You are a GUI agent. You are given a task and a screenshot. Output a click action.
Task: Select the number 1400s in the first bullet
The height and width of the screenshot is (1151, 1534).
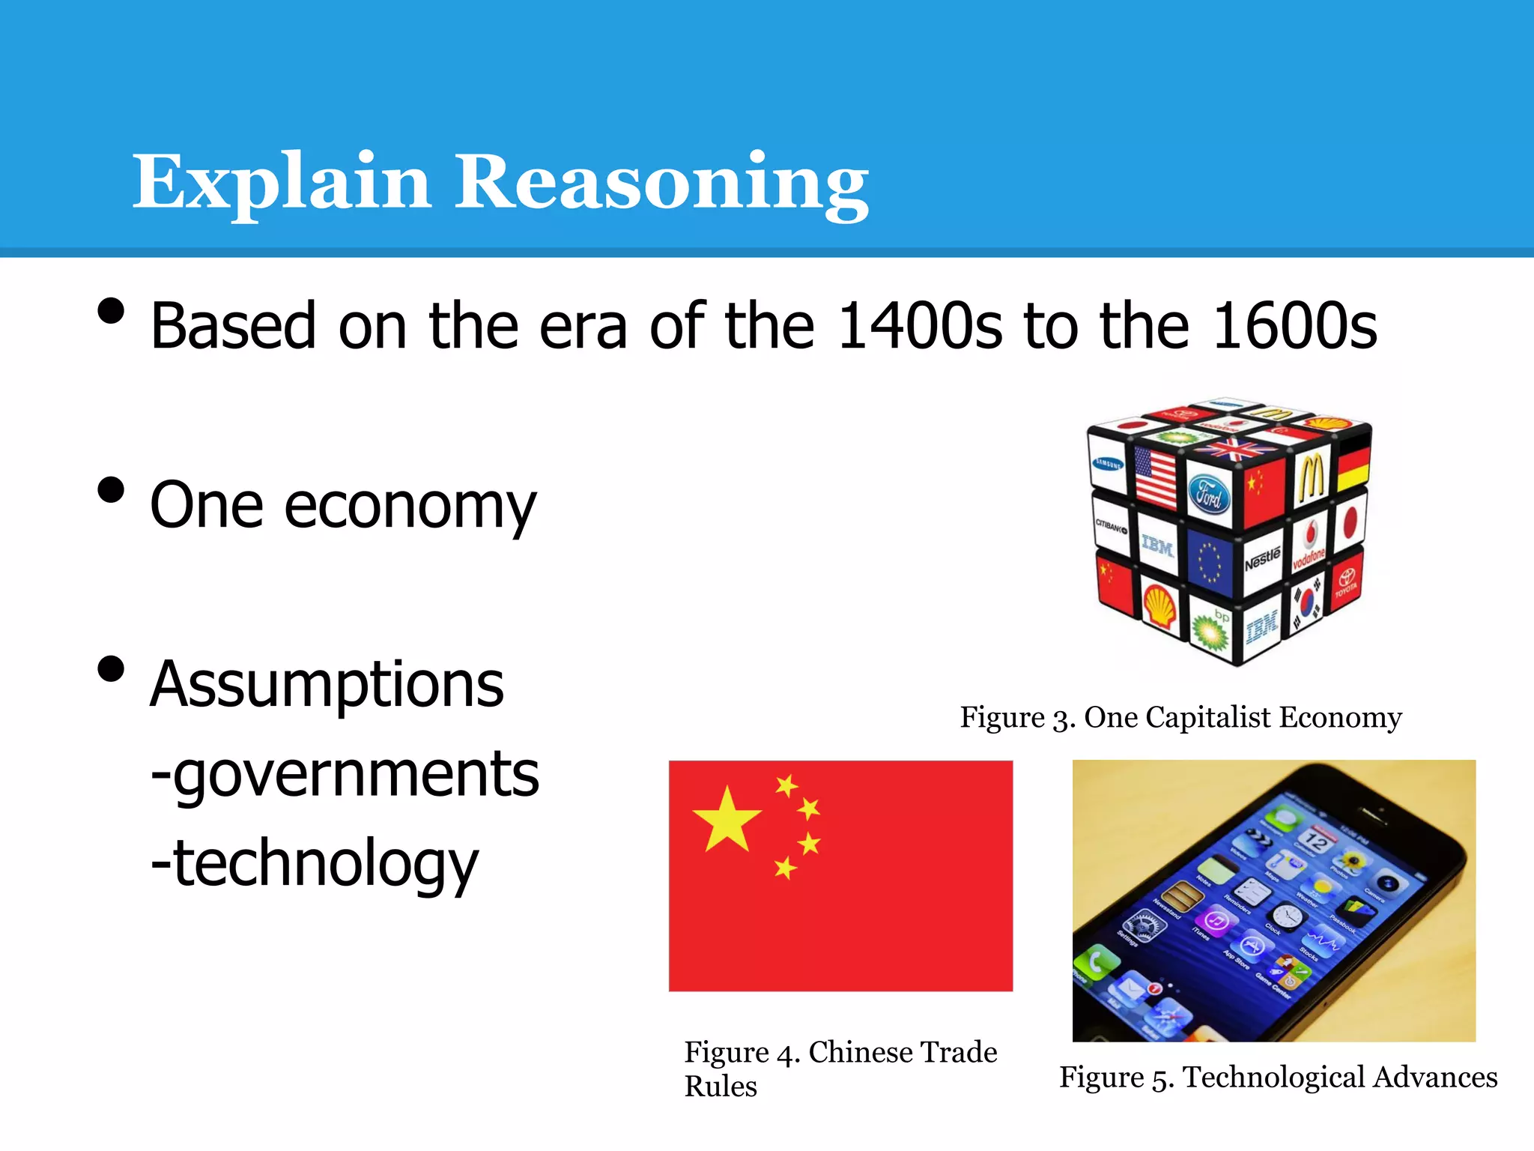tap(919, 326)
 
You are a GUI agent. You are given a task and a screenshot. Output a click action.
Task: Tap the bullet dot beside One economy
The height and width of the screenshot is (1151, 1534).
tap(111, 490)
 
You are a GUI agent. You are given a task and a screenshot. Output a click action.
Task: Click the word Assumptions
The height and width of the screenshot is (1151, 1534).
tap(327, 684)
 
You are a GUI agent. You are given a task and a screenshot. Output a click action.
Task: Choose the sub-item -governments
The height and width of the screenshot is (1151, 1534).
tap(345, 774)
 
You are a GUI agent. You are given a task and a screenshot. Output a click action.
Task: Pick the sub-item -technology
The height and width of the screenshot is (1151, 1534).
tap(315, 863)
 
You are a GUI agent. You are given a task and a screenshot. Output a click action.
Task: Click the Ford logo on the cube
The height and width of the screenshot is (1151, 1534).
tap(1209, 495)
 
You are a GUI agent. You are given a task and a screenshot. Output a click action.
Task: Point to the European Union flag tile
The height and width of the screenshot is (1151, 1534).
tap(1209, 561)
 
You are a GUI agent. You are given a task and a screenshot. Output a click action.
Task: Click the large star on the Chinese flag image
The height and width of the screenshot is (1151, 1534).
tap(727, 819)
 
